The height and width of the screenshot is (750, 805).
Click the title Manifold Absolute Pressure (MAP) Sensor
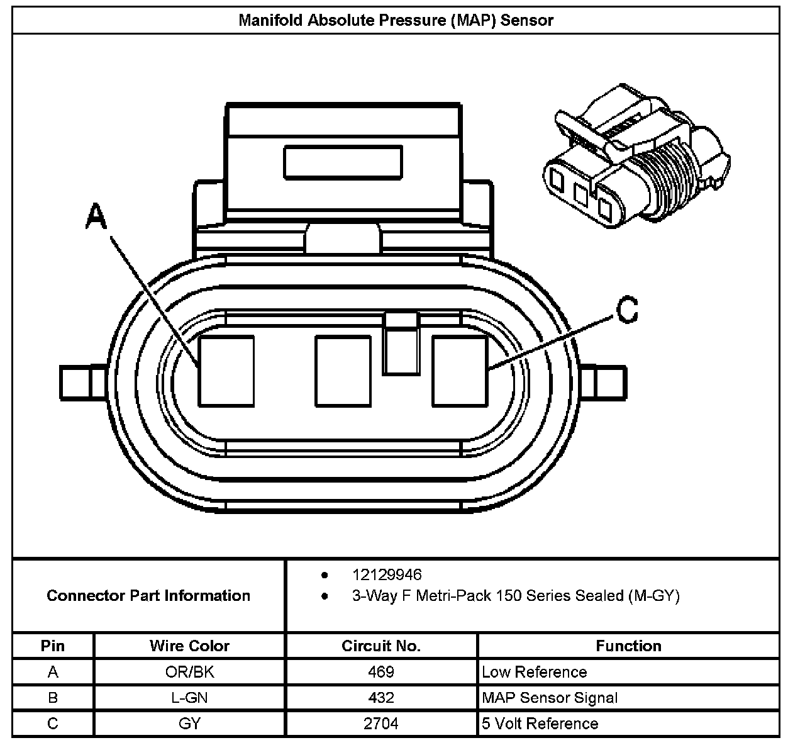[x=396, y=20]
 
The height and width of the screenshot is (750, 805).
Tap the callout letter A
[x=96, y=218]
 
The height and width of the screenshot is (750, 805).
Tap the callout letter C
[x=626, y=310]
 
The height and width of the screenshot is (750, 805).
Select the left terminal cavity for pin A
[x=226, y=371]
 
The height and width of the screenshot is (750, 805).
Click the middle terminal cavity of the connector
[x=343, y=371]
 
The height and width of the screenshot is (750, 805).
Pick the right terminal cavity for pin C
[x=460, y=371]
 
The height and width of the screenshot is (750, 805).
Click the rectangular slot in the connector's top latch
[x=343, y=162]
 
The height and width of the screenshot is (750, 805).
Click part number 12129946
[x=387, y=574]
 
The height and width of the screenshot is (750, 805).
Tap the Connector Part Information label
[x=148, y=595]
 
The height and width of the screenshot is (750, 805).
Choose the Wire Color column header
[x=189, y=646]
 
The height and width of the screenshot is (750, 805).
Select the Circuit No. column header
[x=381, y=646]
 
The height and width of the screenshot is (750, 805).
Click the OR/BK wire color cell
[x=189, y=672]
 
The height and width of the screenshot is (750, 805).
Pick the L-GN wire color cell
[x=189, y=698]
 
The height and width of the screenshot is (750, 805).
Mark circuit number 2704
[x=381, y=724]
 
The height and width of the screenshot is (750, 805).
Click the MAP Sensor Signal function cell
[x=550, y=698]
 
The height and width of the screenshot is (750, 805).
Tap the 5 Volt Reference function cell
[x=540, y=724]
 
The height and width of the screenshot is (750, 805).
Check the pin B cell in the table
[x=53, y=698]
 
